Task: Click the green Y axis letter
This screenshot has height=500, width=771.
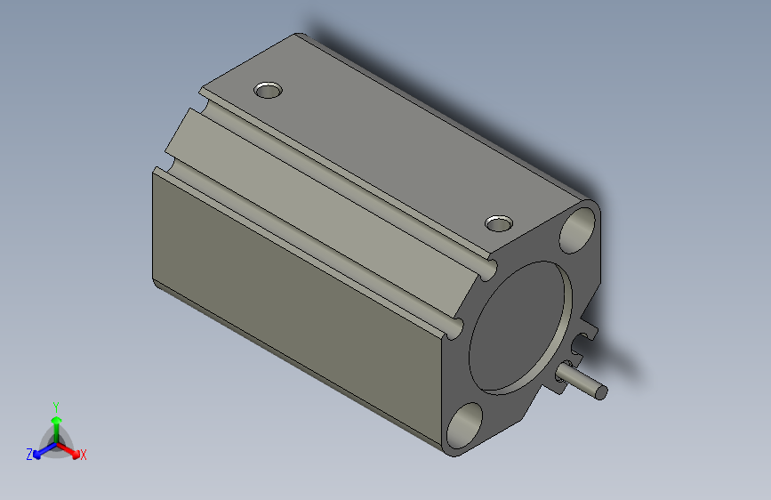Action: [x=56, y=405]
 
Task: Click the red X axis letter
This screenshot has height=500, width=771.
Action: [x=84, y=456]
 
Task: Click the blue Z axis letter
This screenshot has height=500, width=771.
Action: [x=29, y=455]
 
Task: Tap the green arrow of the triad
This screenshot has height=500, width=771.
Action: [x=56, y=422]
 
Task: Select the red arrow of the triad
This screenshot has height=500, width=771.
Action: [x=71, y=448]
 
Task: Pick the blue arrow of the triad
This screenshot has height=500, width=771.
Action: [x=41, y=448]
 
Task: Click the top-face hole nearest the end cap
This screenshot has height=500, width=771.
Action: [x=499, y=222]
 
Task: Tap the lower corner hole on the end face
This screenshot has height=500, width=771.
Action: [x=464, y=424]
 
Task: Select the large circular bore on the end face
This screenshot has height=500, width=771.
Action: [x=519, y=326]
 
